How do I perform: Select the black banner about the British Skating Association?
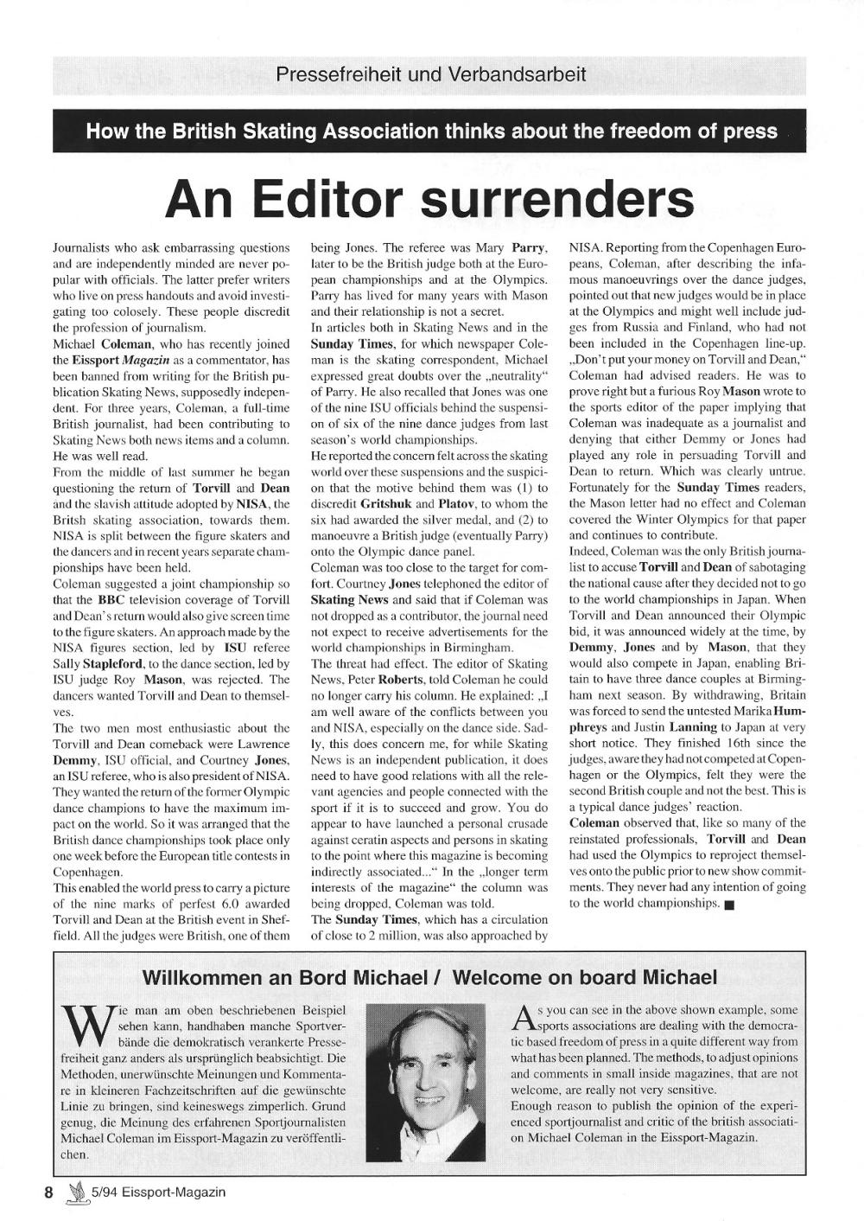click(x=429, y=132)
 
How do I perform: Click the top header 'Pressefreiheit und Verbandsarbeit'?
click(x=429, y=74)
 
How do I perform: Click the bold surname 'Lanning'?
click(x=693, y=727)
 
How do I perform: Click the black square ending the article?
click(x=729, y=905)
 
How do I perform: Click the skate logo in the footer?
click(x=80, y=1193)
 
